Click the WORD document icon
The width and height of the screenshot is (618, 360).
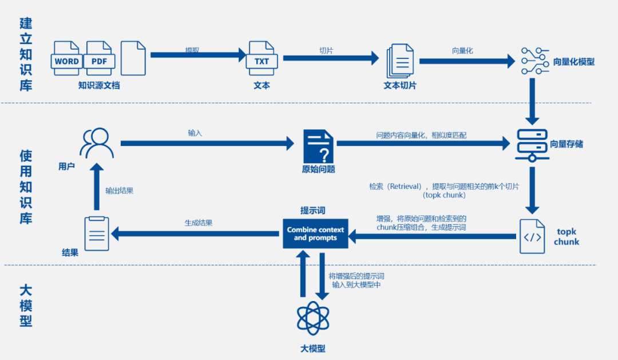click(67, 58)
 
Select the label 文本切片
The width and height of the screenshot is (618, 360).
click(399, 85)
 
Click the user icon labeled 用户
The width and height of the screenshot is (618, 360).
click(96, 143)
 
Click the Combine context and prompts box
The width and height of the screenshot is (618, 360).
click(315, 234)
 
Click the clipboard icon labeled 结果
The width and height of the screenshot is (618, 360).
click(97, 233)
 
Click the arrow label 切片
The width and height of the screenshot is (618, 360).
click(326, 50)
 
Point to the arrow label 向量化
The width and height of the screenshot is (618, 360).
click(462, 50)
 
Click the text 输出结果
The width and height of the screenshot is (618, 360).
click(120, 191)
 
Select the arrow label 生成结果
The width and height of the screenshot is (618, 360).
click(198, 223)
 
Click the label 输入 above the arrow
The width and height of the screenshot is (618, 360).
click(195, 133)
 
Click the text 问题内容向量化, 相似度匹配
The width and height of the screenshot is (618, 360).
click(421, 136)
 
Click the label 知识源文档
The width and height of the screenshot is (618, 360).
click(99, 85)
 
